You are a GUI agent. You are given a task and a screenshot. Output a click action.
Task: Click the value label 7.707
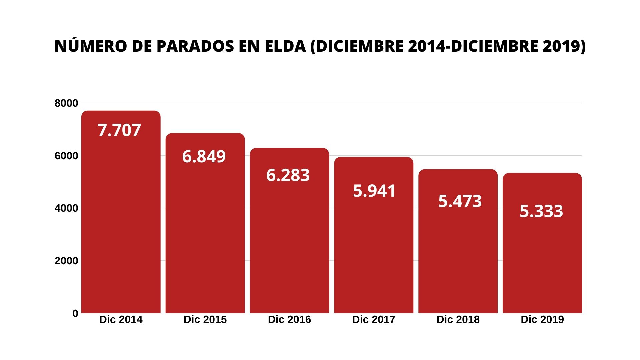pyautogui.click(x=119, y=130)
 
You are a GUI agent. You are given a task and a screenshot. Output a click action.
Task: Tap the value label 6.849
pyautogui.click(x=204, y=156)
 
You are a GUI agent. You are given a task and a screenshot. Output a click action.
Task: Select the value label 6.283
pyautogui.click(x=288, y=175)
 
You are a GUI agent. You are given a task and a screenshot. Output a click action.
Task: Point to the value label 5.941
pyautogui.click(x=374, y=191)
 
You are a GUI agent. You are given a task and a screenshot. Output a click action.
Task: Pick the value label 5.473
pyautogui.click(x=460, y=201)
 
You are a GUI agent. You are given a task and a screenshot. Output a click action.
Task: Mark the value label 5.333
pyautogui.click(x=541, y=211)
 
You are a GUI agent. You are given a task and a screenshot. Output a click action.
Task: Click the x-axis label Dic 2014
pyautogui.click(x=121, y=319)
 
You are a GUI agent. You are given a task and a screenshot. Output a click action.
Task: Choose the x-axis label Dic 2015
pyautogui.click(x=205, y=319)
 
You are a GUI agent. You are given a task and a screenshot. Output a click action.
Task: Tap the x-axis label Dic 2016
pyautogui.click(x=289, y=319)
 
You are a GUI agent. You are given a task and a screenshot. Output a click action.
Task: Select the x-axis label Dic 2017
pyautogui.click(x=374, y=319)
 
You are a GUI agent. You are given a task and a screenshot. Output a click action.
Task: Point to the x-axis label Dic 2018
pyautogui.click(x=458, y=319)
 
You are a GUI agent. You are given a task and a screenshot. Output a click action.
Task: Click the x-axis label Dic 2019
pyautogui.click(x=542, y=319)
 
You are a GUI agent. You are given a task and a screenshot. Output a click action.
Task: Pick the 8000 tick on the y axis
pyautogui.click(x=66, y=103)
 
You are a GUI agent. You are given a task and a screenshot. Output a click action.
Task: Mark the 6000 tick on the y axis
pyautogui.click(x=66, y=156)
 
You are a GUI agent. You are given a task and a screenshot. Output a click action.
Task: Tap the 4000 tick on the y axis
pyautogui.click(x=66, y=208)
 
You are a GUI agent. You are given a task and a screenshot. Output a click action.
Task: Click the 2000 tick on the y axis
pyautogui.click(x=66, y=261)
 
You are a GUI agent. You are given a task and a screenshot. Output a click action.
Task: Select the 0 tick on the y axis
pyautogui.click(x=75, y=313)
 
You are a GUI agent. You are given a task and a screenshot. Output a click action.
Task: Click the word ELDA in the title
pyautogui.click(x=285, y=46)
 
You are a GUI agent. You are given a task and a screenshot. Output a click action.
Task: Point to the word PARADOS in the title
pyautogui.click(x=195, y=46)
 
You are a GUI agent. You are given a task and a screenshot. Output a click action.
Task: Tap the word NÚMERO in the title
pyautogui.click(x=91, y=46)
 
